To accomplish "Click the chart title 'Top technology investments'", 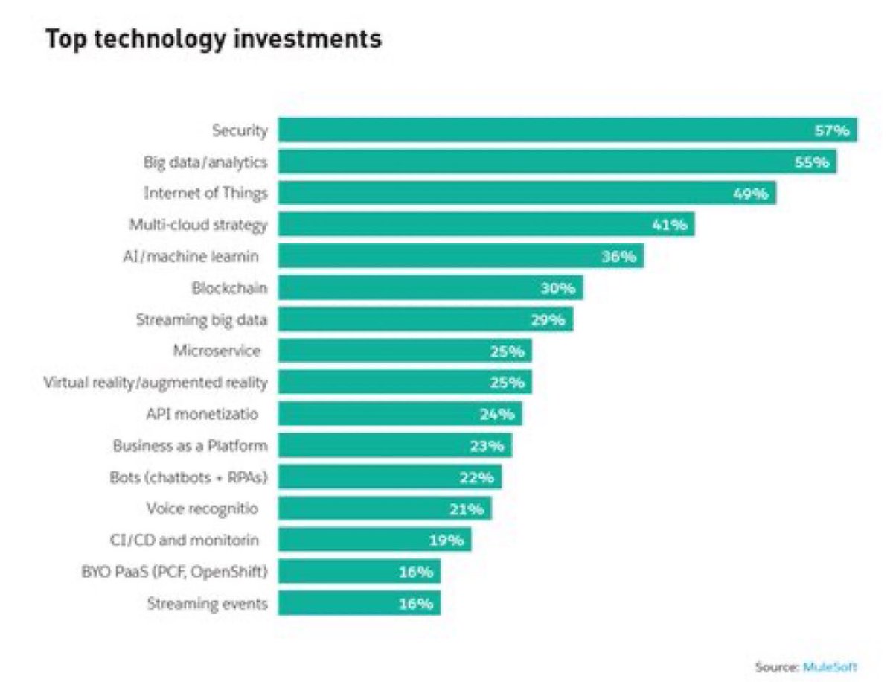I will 214,39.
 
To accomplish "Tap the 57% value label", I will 830,131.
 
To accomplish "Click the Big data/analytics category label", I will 205,162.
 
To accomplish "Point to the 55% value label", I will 811,162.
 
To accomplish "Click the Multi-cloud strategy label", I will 205,224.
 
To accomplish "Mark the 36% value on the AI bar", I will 618,257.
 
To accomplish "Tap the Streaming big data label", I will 202,319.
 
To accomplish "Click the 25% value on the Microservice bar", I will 508,351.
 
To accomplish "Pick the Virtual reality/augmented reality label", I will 156,383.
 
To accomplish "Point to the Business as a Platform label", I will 190,446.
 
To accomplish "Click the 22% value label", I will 477,477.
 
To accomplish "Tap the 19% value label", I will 446,541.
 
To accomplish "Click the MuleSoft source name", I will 830,667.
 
